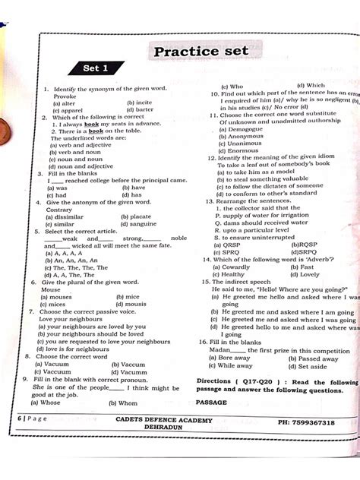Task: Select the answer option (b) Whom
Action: pyautogui.click(x=124, y=403)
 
